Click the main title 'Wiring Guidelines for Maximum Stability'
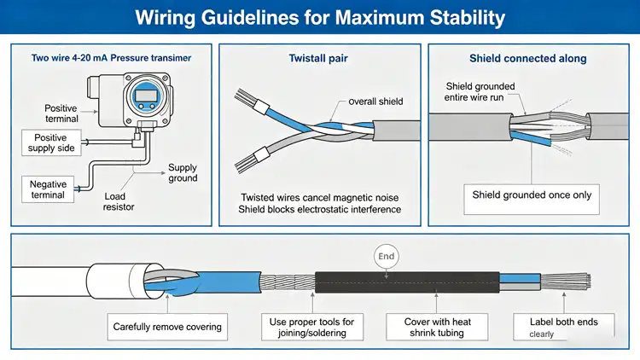point(320,17)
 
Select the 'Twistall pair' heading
point(318,59)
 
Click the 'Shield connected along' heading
point(527,59)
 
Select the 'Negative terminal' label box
point(48,189)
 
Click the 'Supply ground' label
point(183,173)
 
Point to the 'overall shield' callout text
point(375,102)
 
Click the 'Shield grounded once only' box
point(532,195)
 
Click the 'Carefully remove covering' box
point(166,327)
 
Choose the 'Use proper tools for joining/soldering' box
point(312,327)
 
